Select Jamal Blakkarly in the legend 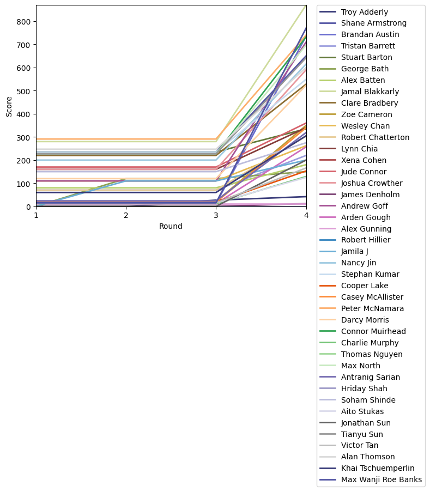point(370,92)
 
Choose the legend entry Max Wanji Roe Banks point(381,480)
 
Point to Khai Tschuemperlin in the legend point(377,469)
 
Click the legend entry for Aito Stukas point(362,411)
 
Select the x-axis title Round point(171,226)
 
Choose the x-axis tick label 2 point(126,215)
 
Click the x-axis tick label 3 point(216,215)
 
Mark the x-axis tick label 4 point(306,215)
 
